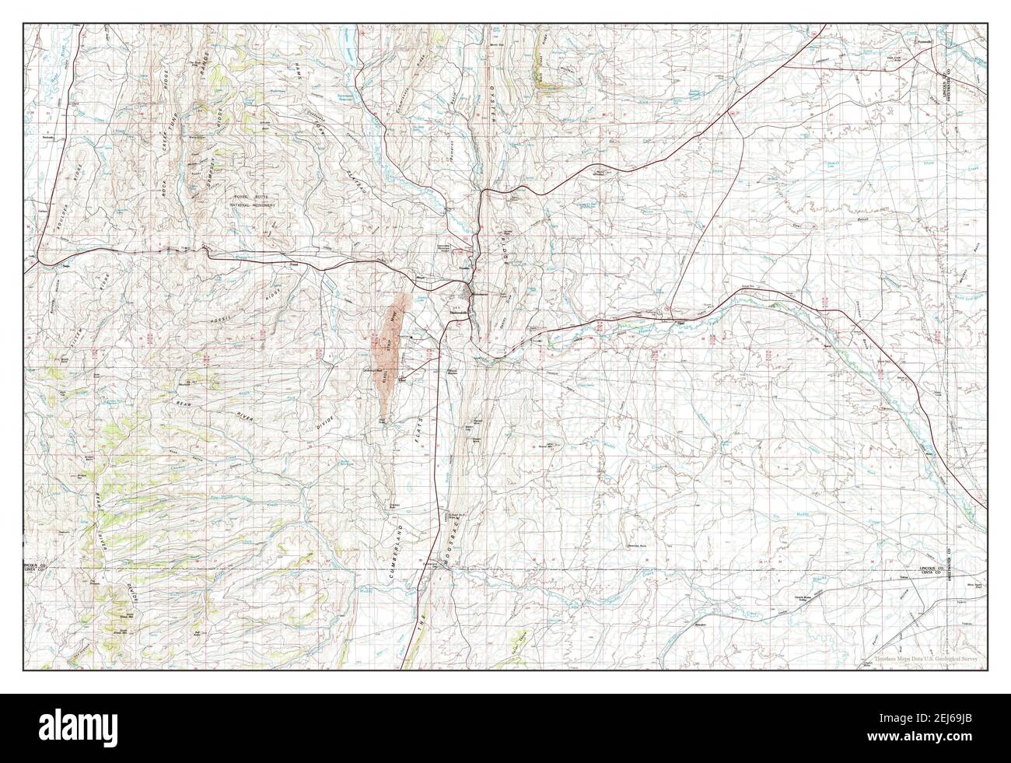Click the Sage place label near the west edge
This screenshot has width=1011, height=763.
point(65,265)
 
